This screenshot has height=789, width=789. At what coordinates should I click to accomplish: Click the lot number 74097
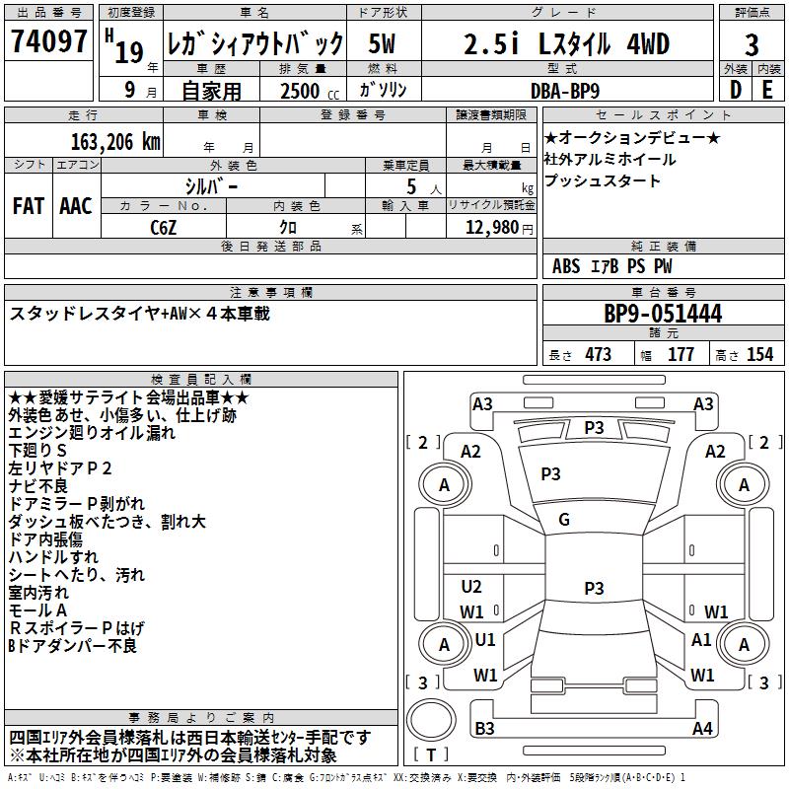(x=48, y=42)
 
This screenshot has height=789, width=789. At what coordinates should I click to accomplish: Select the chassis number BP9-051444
(x=662, y=314)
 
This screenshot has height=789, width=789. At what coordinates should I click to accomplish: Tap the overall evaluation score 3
(x=752, y=44)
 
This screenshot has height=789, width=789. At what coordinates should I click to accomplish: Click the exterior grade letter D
(x=735, y=89)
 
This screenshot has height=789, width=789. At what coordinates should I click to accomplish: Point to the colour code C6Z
(x=164, y=226)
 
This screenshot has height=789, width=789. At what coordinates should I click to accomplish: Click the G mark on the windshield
(x=564, y=519)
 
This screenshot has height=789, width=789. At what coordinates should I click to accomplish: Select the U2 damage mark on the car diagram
(x=471, y=587)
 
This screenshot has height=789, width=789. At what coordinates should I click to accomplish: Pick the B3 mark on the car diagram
(x=484, y=729)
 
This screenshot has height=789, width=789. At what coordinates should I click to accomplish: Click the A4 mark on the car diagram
(x=702, y=729)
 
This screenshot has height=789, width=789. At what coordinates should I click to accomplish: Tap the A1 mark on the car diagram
(x=701, y=639)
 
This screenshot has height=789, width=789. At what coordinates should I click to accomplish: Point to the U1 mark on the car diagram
(x=485, y=639)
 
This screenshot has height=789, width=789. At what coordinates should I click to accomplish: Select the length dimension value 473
(x=598, y=354)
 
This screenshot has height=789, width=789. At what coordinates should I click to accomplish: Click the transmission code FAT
(x=28, y=205)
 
